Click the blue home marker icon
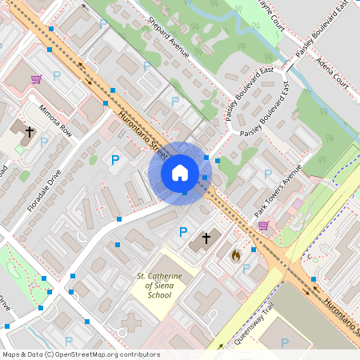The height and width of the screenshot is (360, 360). [180, 172]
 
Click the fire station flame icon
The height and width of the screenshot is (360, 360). [235, 255]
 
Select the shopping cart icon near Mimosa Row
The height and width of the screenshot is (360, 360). [36, 79]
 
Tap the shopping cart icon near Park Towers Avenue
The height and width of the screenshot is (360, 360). [263, 226]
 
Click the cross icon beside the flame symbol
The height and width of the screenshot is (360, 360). [206, 238]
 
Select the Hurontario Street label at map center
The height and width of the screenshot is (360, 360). [142, 135]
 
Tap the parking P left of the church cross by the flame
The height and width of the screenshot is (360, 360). [183, 232]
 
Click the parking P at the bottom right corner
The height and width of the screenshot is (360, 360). [284, 342]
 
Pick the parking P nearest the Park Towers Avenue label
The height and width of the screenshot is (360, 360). [268, 174]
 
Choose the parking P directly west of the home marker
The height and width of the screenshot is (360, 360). [115, 160]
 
